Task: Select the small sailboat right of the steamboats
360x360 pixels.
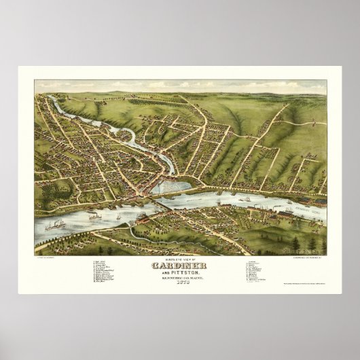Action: point(119,217)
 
